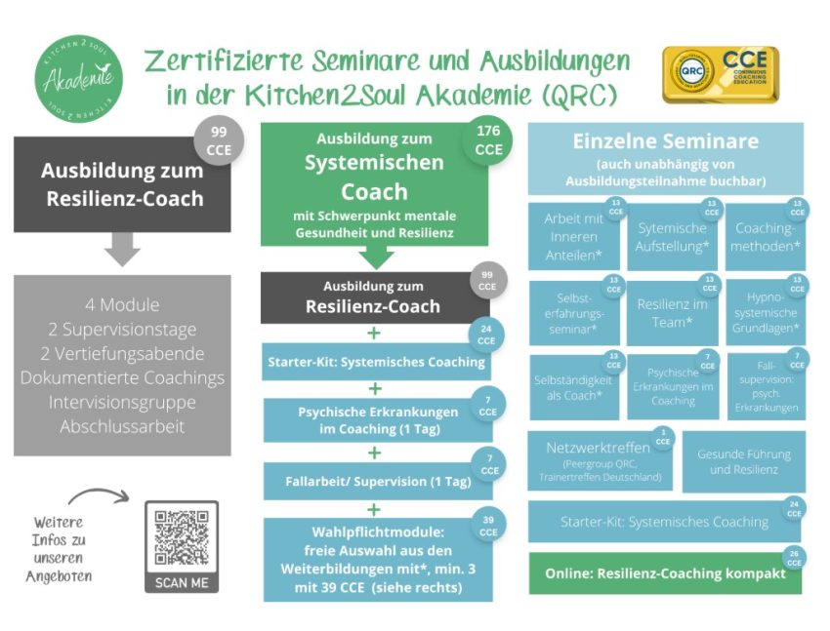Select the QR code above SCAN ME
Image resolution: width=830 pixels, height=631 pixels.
pyautogui.click(x=182, y=535)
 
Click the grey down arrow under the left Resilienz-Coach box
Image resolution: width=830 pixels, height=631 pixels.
pyautogui.click(x=122, y=250)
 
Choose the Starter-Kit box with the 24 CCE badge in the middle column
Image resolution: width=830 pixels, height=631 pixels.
pyautogui.click(x=376, y=361)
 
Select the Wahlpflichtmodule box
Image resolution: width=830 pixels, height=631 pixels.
pyautogui.click(x=376, y=560)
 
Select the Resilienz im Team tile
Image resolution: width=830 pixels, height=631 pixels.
pyautogui.click(x=672, y=313)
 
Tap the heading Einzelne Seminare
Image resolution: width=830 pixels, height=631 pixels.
pyautogui.click(x=665, y=142)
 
